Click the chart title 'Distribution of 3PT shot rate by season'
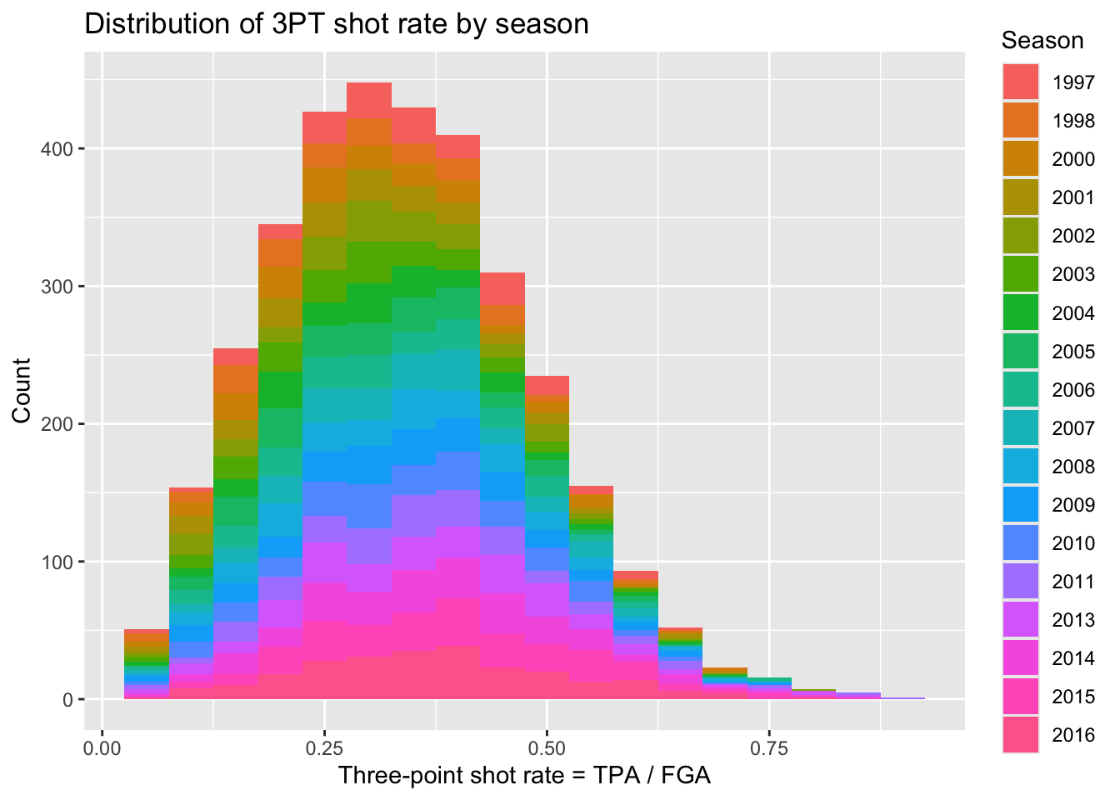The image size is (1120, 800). [337, 24]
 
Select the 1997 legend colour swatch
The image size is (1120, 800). [1020, 82]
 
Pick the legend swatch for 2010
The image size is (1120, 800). [1020, 543]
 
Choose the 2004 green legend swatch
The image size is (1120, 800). [1020, 312]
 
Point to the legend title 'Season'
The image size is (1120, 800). [1042, 40]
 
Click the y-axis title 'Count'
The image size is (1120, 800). [22, 390]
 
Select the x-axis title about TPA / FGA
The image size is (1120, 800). [524, 776]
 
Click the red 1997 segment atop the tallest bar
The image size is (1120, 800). [369, 100]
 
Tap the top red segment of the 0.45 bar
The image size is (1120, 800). [502, 288]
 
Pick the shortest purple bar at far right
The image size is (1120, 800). [902, 698]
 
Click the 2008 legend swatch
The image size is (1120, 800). [1020, 467]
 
